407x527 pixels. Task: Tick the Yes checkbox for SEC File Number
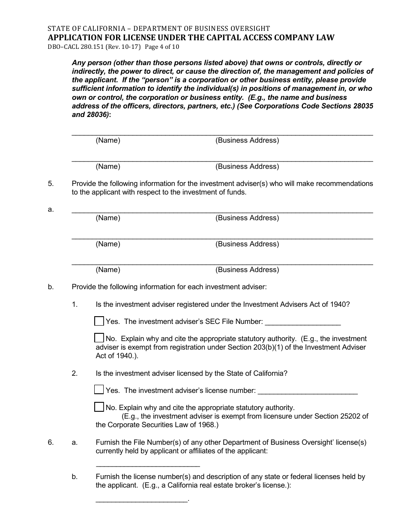tap(99, 321)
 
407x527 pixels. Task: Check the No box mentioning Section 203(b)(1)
tap(99, 338)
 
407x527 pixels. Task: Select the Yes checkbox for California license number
tap(99, 390)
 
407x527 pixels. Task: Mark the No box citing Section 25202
tap(99, 407)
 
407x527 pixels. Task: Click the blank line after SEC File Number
tap(303, 322)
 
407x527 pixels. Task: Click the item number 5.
tap(51, 183)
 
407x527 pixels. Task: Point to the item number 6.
tap(51, 442)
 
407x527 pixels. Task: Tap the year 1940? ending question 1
tap(340, 304)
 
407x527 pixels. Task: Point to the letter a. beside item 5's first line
tap(51, 210)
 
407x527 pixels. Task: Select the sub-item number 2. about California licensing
tap(75, 373)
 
